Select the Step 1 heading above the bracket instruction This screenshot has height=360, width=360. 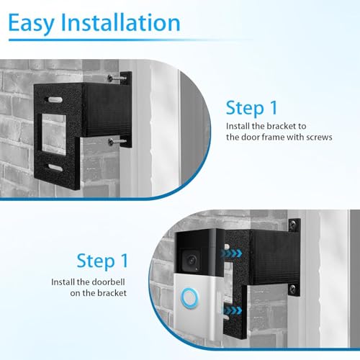point(251,108)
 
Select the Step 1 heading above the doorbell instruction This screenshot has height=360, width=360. point(102,260)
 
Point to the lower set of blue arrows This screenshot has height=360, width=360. point(232,311)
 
